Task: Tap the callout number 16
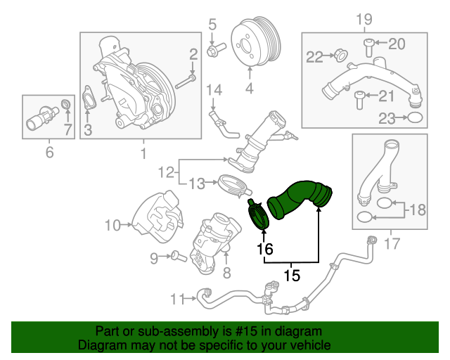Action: point(264,248)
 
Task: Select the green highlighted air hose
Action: point(299,199)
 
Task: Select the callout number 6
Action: point(49,151)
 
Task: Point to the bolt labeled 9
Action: point(174,257)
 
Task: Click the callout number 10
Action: point(113,226)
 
